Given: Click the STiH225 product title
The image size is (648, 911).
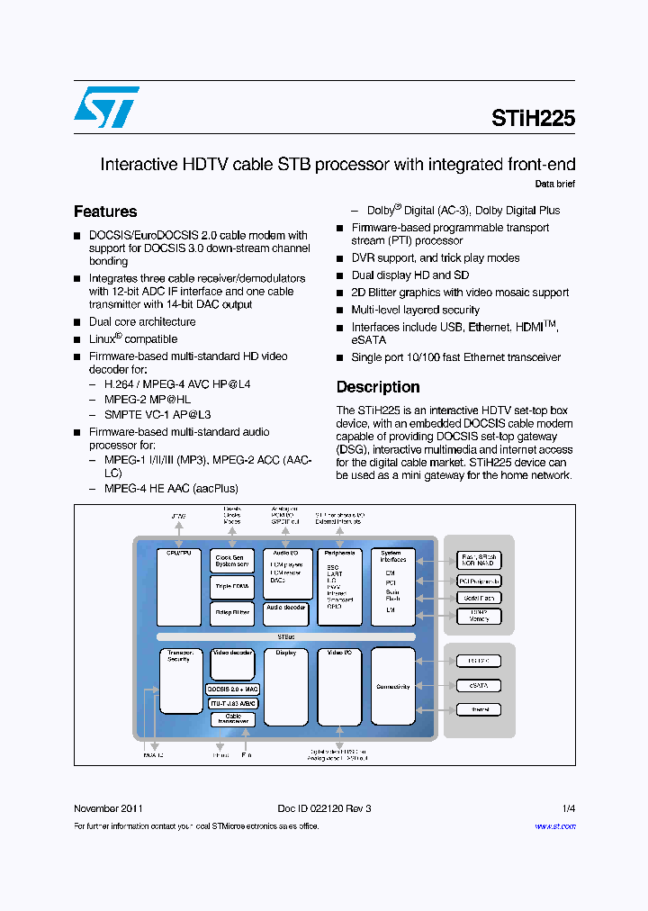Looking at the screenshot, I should tap(533, 118).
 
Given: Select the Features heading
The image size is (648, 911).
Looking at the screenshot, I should tap(105, 212).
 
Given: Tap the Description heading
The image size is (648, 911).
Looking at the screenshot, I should tap(378, 387).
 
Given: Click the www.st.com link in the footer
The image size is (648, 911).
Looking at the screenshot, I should tap(554, 825).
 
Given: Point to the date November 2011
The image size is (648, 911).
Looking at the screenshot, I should tap(108, 808).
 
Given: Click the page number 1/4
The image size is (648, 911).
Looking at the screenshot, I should tap(568, 808).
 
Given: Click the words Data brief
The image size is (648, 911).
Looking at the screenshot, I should tap(554, 184).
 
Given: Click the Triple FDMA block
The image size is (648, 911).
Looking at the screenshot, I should tap(232, 587).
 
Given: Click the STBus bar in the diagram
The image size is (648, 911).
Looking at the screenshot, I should tap(286, 636).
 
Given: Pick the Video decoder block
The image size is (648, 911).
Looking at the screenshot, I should tap(232, 664).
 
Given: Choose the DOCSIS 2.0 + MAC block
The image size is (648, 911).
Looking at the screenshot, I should tap(232, 690).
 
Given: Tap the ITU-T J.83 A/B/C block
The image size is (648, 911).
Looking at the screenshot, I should tap(232, 703).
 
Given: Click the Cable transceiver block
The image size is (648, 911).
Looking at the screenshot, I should tap(232, 719).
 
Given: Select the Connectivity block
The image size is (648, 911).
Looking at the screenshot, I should tap(393, 686).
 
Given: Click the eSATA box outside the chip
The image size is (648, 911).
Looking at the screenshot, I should tap(479, 686).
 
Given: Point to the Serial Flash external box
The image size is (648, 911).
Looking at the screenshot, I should tap(479, 598).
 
